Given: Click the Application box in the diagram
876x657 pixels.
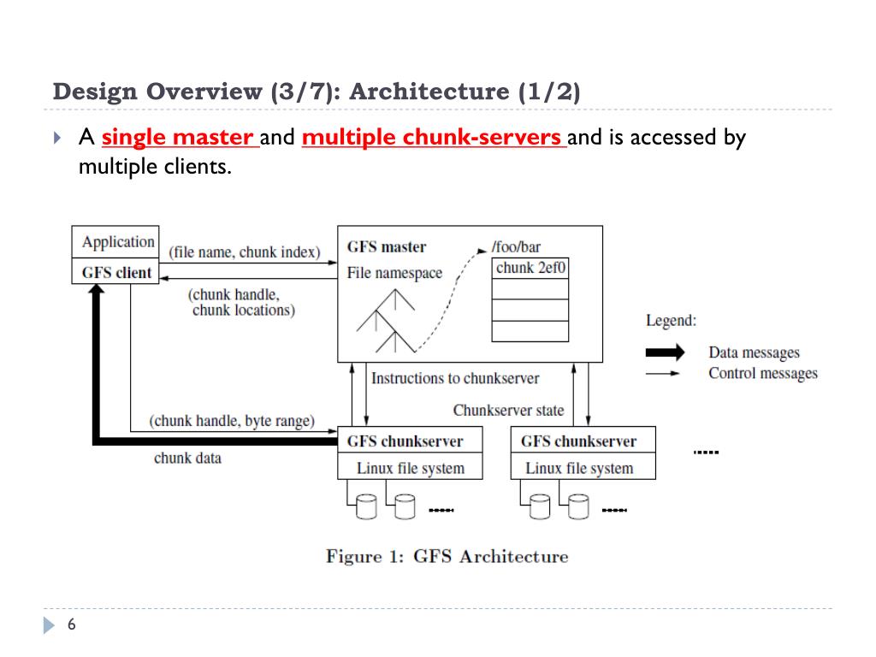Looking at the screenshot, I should tap(117, 242).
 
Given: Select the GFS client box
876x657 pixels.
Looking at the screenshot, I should tap(116, 273).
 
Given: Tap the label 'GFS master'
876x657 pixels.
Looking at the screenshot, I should tap(386, 247).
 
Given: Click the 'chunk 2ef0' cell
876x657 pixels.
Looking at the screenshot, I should tap(530, 268).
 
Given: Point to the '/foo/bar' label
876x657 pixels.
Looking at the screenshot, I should tap(516, 247).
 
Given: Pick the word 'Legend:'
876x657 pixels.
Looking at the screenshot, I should tap(671, 321).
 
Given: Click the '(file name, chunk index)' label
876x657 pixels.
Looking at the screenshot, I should tap(245, 252).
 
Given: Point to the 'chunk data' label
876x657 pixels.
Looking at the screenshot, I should tap(187, 459).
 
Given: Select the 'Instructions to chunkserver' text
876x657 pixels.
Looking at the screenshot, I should tap(455, 378).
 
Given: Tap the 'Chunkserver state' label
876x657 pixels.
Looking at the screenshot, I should tap(508, 411).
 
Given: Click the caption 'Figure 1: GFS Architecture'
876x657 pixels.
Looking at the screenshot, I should tap(447, 557).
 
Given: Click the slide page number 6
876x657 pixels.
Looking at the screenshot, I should tap(72, 625).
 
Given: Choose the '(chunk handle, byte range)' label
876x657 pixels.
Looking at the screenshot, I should tap(232, 421).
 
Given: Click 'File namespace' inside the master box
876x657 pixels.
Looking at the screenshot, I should tap(394, 273).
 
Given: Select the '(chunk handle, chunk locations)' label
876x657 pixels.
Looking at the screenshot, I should tap(243, 302).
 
